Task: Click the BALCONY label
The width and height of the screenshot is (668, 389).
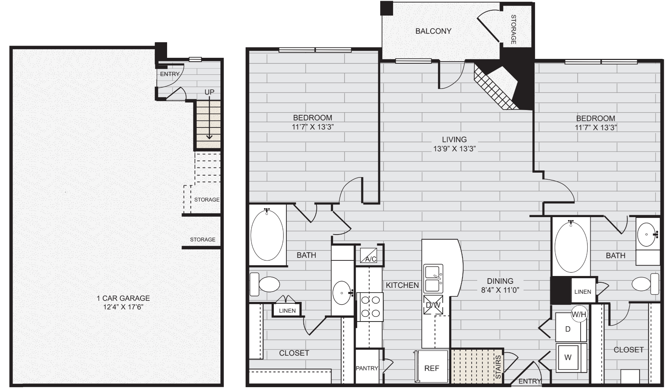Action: click(x=433, y=31)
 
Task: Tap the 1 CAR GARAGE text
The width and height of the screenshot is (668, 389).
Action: click(x=123, y=298)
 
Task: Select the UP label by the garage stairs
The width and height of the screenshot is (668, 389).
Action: click(x=209, y=92)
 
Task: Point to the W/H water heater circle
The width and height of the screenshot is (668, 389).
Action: click(x=579, y=315)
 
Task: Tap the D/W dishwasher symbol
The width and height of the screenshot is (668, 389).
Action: click(x=433, y=305)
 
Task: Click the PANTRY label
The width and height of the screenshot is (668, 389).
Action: click(x=367, y=368)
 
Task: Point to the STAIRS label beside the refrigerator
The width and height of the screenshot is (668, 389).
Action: click(x=498, y=367)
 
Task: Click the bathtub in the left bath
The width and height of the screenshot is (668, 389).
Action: click(x=267, y=235)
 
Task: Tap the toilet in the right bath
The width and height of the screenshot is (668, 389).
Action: click(x=645, y=284)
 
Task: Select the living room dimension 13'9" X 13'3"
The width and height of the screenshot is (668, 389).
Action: click(x=454, y=149)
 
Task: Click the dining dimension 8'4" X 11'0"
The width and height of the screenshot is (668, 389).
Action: click(x=500, y=290)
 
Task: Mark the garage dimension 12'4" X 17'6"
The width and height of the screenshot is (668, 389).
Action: click(x=123, y=307)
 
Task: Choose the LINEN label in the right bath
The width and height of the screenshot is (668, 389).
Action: click(x=583, y=292)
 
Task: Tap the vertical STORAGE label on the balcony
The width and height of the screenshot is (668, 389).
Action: click(x=514, y=30)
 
